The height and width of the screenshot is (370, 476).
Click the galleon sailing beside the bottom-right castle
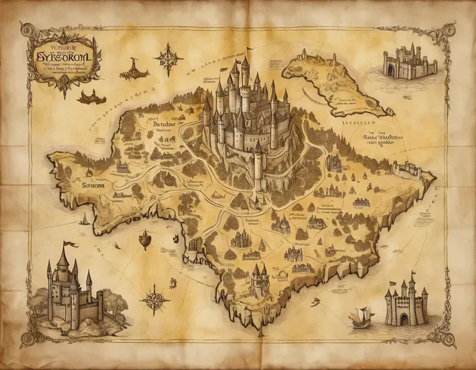pyautogui.click(x=361, y=317)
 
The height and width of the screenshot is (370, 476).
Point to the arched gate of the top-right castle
pyautogui.click(x=391, y=70)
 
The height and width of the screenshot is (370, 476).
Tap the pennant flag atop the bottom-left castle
pyautogui.click(x=70, y=244)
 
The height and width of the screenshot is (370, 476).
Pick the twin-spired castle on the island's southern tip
pyautogui.click(x=259, y=277)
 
